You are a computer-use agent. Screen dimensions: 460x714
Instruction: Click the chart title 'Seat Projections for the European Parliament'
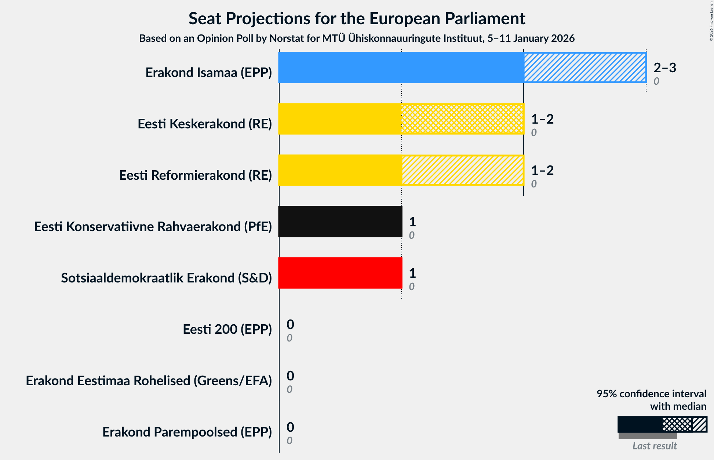(x=357, y=18)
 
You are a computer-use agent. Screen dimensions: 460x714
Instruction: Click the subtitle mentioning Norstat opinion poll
(x=357, y=39)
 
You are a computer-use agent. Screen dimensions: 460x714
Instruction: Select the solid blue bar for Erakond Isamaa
(x=401, y=67)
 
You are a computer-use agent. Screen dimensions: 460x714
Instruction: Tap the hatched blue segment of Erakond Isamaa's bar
(x=585, y=67)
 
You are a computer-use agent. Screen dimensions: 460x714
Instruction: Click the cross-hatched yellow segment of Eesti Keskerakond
(x=462, y=119)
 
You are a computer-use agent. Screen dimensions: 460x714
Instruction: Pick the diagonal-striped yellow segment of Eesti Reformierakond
(x=462, y=170)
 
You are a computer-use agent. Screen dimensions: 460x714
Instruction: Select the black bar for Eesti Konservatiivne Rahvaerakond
(x=340, y=222)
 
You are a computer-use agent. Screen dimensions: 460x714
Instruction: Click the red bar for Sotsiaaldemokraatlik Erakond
(x=340, y=273)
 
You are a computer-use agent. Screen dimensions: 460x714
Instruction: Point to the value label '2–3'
(x=664, y=67)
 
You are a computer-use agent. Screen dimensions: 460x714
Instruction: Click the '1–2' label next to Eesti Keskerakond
(x=542, y=119)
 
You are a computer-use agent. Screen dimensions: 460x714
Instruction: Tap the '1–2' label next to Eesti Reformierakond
(x=542, y=170)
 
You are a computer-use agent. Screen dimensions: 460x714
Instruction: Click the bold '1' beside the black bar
(x=412, y=222)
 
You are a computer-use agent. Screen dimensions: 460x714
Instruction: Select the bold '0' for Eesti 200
(x=290, y=324)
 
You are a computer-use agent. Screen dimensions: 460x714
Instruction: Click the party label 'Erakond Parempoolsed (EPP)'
(x=187, y=432)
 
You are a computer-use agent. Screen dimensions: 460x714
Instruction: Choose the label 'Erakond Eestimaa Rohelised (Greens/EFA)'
(x=149, y=381)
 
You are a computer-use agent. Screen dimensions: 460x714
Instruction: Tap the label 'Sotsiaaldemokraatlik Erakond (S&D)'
(x=166, y=278)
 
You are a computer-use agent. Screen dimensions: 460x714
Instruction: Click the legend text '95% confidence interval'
(x=651, y=394)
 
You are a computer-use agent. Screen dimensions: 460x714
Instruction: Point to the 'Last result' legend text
(x=655, y=446)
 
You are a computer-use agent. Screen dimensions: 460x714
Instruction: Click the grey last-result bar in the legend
(x=648, y=436)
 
